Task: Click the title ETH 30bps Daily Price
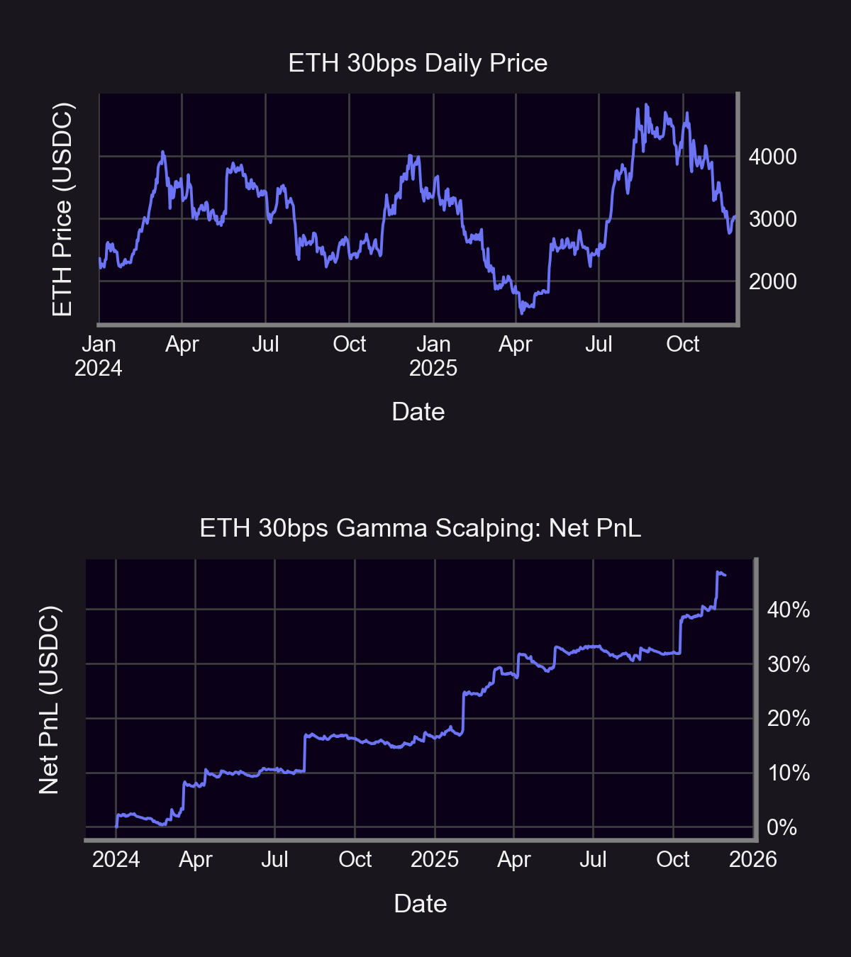tap(418, 63)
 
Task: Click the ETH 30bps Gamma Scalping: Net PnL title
tap(420, 528)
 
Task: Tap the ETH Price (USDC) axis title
tap(62, 209)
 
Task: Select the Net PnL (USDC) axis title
tap(48, 700)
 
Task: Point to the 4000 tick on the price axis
tap(772, 157)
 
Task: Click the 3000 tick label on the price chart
tap(772, 219)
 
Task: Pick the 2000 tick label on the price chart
tap(772, 281)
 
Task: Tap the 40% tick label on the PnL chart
tap(788, 610)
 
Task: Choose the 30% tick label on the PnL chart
tap(788, 664)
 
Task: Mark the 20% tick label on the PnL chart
tap(788, 718)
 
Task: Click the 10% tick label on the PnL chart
tap(788, 773)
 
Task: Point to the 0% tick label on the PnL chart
tap(782, 827)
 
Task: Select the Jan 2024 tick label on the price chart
tap(99, 356)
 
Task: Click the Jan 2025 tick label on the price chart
tap(433, 356)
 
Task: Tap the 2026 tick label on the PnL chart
tap(752, 859)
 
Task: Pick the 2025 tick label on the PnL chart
tap(434, 859)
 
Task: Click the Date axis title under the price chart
tap(418, 412)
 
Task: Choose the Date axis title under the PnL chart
tap(420, 904)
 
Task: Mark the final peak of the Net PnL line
tap(718, 571)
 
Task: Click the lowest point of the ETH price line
tap(522, 313)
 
